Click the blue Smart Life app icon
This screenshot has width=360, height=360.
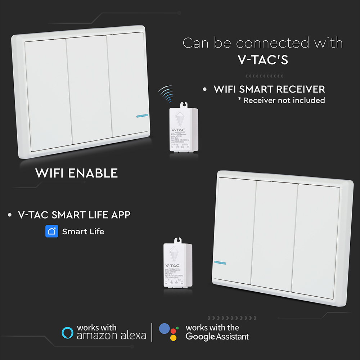coord(52,231)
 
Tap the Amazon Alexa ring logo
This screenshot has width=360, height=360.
coord(67,333)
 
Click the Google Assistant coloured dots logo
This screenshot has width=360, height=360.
coord(169,332)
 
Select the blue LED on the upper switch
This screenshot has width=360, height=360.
coord(142,116)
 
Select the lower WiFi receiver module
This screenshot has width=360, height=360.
coord(177,265)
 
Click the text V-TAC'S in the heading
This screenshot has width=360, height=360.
coord(263,60)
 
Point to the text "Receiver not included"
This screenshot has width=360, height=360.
coord(284,100)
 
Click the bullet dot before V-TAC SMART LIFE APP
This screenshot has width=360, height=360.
coord(10,215)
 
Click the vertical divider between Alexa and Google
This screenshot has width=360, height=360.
coord(152,332)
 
